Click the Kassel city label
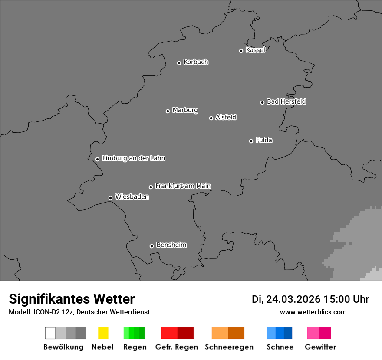pyautogui.click(x=255, y=50)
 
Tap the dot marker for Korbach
pyautogui.click(x=179, y=63)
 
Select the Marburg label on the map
pyautogui.click(x=185, y=110)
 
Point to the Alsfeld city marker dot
pyautogui.click(x=211, y=118)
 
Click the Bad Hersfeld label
pyautogui.click(x=286, y=101)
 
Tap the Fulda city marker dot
pyautogui.click(x=251, y=141)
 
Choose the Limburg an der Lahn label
pyautogui.click(x=133, y=158)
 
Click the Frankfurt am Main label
pyautogui.click(x=183, y=186)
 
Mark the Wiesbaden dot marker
pyautogui.click(x=110, y=198)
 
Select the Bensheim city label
pyautogui.click(x=171, y=245)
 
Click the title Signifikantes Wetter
pyautogui.click(x=72, y=299)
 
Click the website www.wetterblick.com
pyautogui.click(x=313, y=312)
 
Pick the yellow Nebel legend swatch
pyautogui.click(x=103, y=333)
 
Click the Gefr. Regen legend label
pyautogui.click(x=177, y=347)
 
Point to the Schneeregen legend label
pyautogui.click(x=229, y=347)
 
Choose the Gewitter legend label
pyautogui.click(x=320, y=347)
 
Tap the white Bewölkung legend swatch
pyautogui.click(x=50, y=333)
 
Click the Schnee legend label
pyautogui.click(x=280, y=347)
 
